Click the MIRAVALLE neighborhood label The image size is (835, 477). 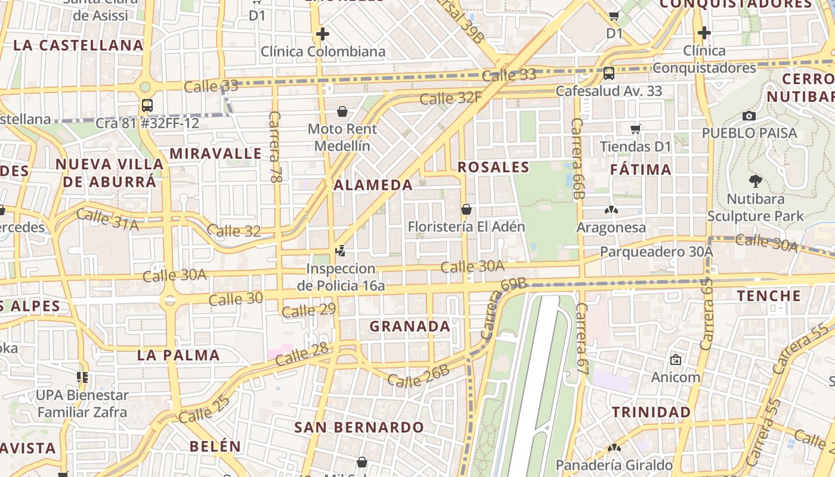tap(215, 153)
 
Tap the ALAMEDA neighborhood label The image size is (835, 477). tap(373, 185)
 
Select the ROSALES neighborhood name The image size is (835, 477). tap(493, 167)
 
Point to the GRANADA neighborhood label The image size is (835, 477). tap(410, 326)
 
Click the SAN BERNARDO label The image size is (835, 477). tap(359, 427)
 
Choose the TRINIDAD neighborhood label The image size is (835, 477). tap(651, 412)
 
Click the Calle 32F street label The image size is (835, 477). tap(450, 97)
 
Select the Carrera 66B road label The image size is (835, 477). tap(577, 158)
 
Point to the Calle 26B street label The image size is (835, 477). tap(418, 376)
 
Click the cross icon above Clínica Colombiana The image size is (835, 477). tap(323, 33)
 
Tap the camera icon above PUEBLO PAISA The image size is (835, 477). tap(749, 116)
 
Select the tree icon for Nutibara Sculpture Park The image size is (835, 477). tap(755, 181)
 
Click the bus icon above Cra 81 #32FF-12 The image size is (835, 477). tap(147, 106)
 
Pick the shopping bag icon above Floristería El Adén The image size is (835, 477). tap(466, 209)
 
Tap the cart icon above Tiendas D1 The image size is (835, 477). tap(636, 129)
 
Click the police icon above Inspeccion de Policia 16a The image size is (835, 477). tap(341, 251)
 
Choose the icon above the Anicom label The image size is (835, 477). tap(675, 360)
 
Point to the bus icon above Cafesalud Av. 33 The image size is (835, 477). tap(608, 73)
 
